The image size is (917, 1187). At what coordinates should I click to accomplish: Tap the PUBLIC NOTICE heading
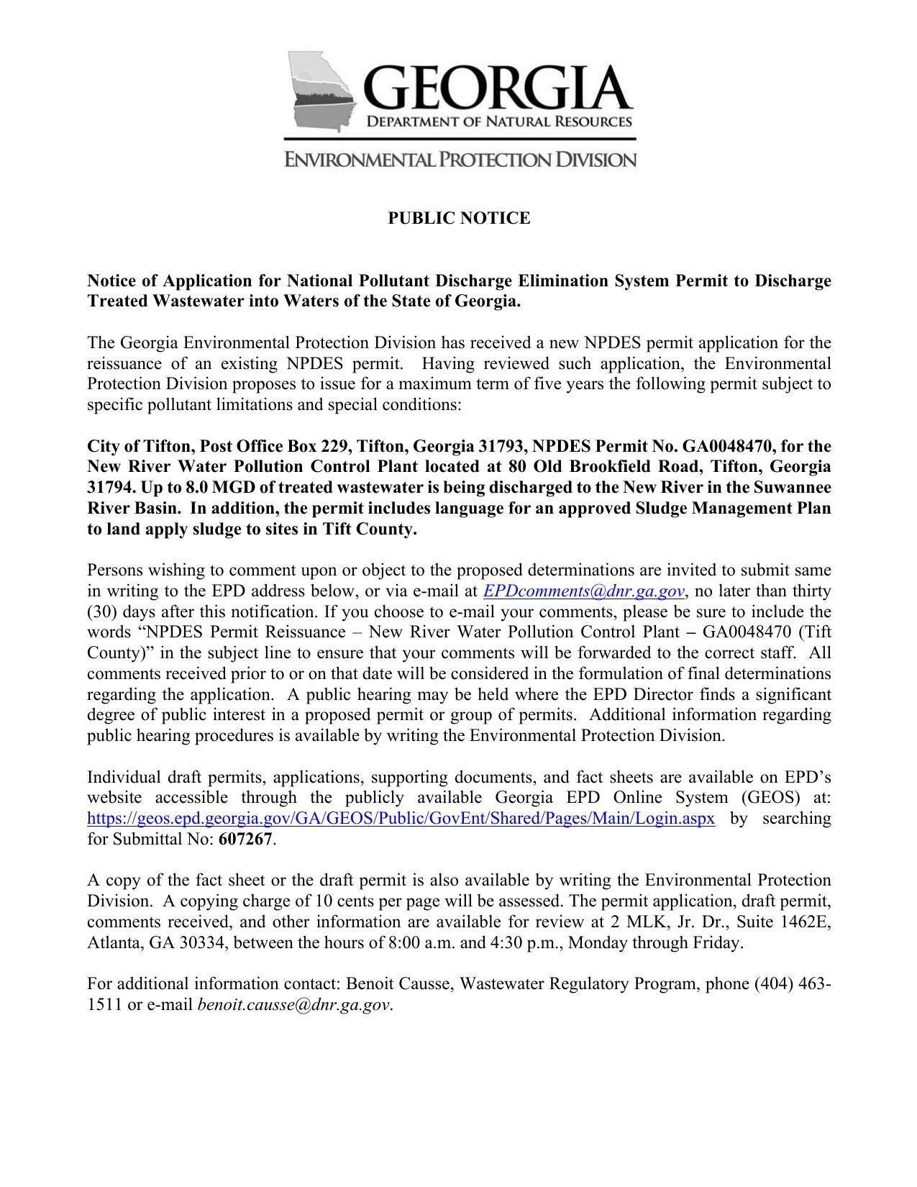[459, 218]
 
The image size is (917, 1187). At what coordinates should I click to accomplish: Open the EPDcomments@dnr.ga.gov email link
[583, 591]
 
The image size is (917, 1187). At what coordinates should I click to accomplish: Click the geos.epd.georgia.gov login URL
[401, 819]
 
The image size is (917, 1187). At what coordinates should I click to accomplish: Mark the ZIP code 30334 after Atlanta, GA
[198, 943]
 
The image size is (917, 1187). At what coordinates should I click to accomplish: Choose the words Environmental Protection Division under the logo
[460, 159]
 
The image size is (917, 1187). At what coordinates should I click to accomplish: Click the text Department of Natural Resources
[500, 122]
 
